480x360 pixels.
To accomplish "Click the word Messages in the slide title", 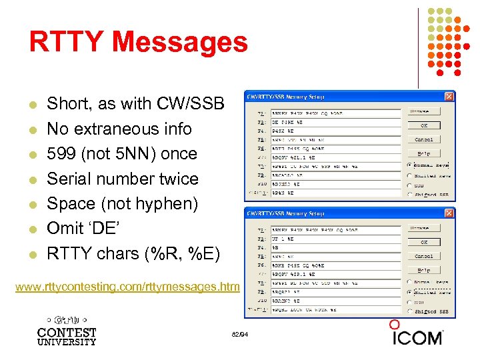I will click(x=179, y=42).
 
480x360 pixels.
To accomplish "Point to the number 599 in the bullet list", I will click(x=61, y=153).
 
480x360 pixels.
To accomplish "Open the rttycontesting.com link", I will click(x=127, y=287).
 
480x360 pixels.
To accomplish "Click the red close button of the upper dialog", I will click(x=449, y=96).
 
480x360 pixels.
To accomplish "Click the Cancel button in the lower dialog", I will click(x=424, y=256).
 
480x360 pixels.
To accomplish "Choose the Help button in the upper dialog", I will click(x=424, y=153).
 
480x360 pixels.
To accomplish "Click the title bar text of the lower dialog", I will click(x=287, y=213).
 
